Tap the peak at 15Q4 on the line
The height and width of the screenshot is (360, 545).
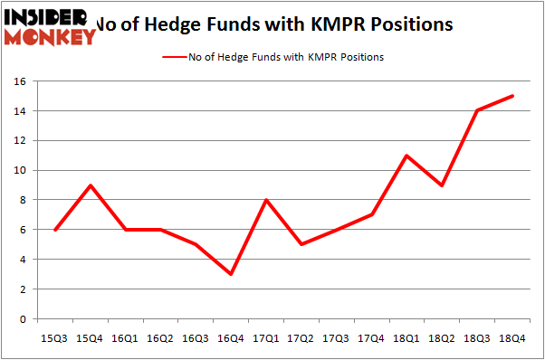pyautogui.click(x=90, y=185)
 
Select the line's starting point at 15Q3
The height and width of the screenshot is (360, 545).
pyautogui.click(x=56, y=230)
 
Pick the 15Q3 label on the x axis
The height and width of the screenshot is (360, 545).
pyautogui.click(x=56, y=338)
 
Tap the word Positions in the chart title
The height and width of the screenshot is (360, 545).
pyautogui.click(x=404, y=24)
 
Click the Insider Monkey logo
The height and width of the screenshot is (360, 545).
pyautogui.click(x=49, y=25)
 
